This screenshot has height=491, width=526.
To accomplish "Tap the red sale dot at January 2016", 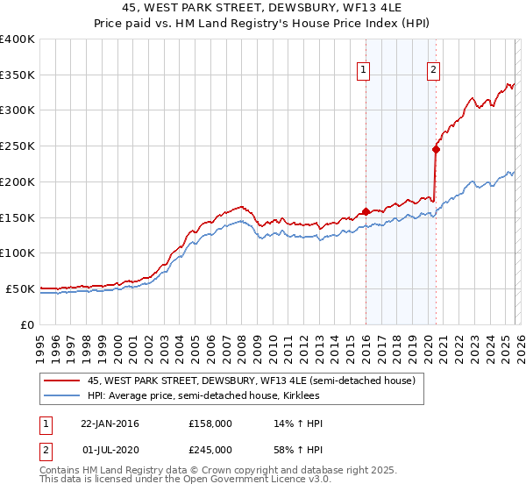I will [366, 210].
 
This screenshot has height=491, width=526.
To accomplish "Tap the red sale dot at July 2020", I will [435, 149].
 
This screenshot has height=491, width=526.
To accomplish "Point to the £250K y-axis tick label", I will [18, 146].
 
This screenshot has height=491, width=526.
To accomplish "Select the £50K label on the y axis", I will [20, 288].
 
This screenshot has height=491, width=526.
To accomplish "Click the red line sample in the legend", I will [63, 381].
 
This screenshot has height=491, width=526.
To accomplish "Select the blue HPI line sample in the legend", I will [63, 395].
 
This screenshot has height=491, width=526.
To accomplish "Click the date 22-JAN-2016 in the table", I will [110, 424].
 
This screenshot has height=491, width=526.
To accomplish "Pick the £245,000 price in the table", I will [210, 450].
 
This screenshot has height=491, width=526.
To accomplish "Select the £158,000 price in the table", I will [210, 424].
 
